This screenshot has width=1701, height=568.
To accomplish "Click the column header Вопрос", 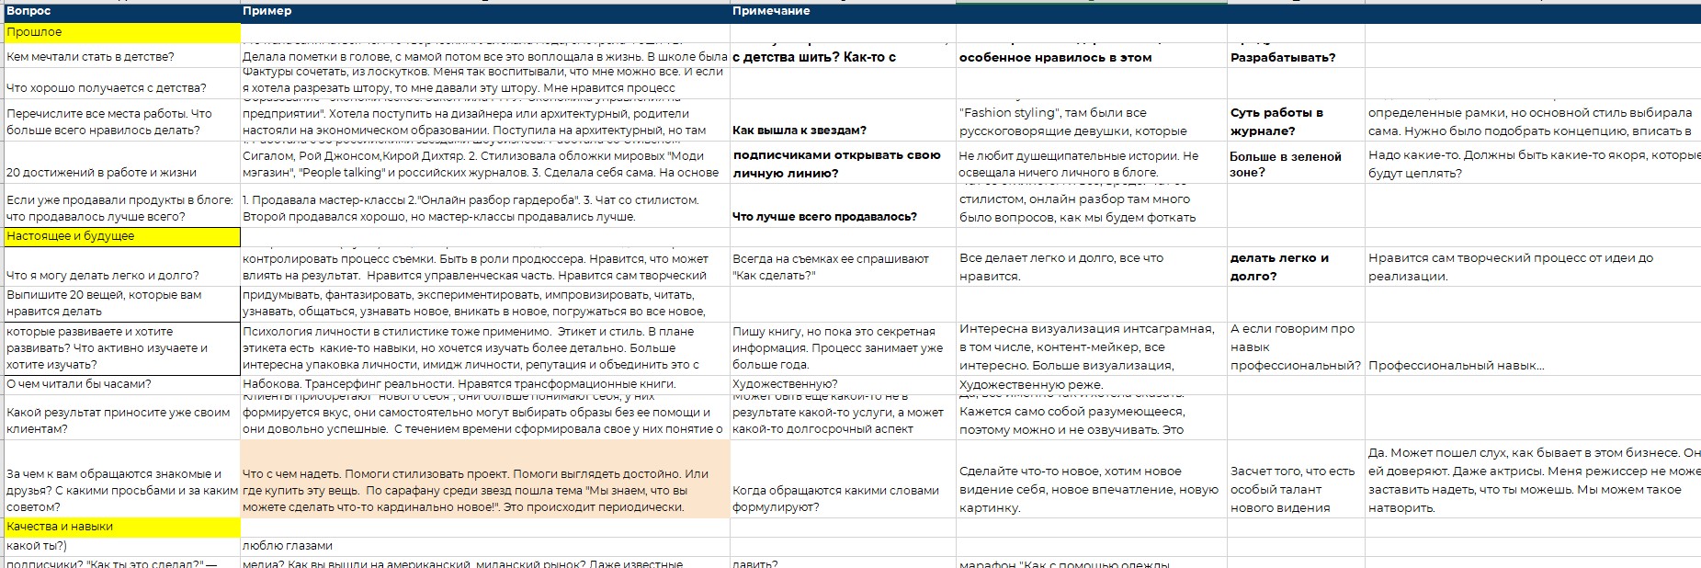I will [x=28, y=11].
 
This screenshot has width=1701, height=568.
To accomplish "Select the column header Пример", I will [x=266, y=11].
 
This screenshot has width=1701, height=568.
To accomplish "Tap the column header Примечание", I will [x=771, y=11].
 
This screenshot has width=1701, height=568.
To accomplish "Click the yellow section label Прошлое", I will [x=34, y=32].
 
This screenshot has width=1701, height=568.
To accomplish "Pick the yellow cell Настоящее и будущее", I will [x=71, y=236].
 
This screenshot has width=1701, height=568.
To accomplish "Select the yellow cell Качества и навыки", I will [x=60, y=527].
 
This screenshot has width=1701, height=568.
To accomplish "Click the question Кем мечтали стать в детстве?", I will [x=90, y=57].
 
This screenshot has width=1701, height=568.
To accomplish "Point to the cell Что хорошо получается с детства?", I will [x=107, y=88].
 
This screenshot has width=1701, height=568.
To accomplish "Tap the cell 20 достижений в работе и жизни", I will [x=101, y=172].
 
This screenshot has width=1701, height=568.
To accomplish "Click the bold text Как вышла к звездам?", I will [x=799, y=131].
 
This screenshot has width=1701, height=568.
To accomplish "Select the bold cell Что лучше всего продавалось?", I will [x=824, y=217].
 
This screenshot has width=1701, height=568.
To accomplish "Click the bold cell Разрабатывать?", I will [x=1283, y=57].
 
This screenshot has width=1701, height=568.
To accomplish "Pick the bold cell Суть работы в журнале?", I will [x=1276, y=121].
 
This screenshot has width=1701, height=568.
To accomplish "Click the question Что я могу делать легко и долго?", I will [x=103, y=275].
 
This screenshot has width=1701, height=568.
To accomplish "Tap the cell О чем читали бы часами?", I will [x=79, y=384].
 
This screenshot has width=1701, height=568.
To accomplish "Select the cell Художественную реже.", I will [x=1031, y=384].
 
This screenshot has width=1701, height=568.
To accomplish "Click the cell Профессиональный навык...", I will [x=1456, y=366].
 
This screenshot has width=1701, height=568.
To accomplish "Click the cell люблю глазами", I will [x=288, y=546].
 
